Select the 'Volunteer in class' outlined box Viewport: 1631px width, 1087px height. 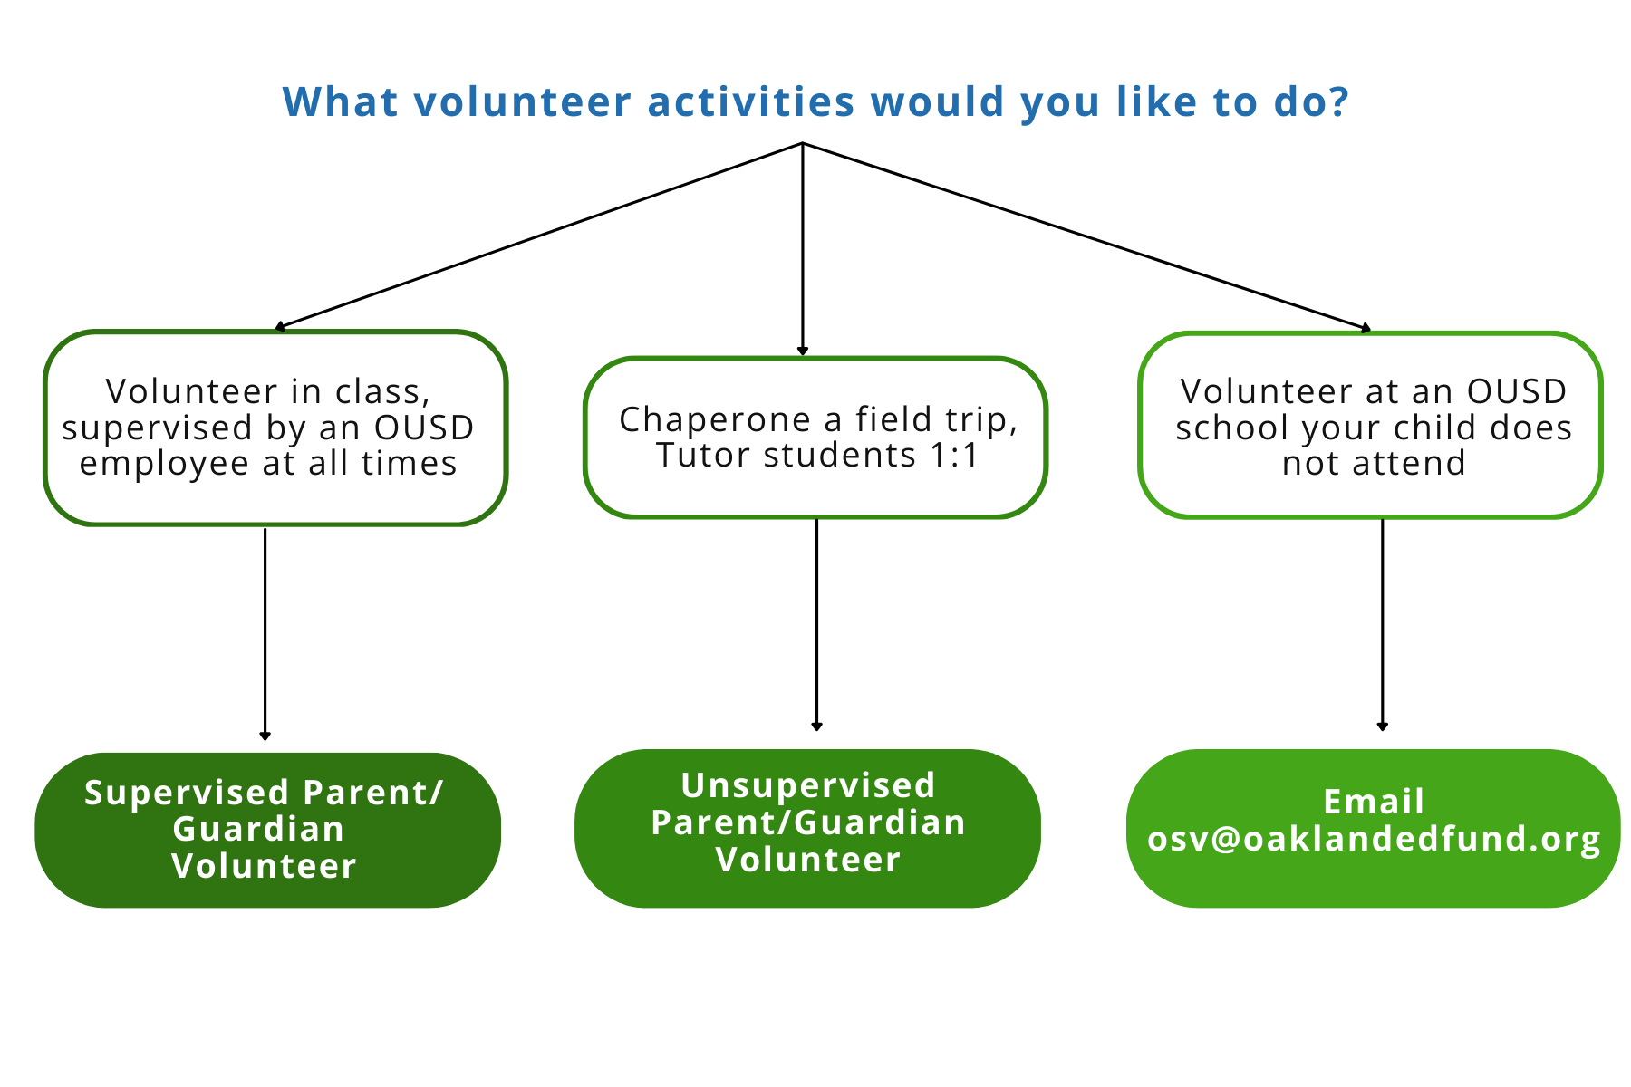pyautogui.click(x=275, y=428)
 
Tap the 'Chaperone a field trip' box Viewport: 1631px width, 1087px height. pyautogui.click(x=815, y=438)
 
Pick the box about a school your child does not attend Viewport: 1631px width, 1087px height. pyautogui.click(x=1370, y=426)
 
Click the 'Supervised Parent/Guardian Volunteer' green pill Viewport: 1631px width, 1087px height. pyautogui.click(x=267, y=830)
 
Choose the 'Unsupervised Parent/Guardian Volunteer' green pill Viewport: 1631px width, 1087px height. pyautogui.click(x=807, y=828)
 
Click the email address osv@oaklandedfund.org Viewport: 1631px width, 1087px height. pyautogui.click(x=1374, y=840)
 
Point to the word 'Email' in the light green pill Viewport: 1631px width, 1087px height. pyautogui.click(x=1374, y=802)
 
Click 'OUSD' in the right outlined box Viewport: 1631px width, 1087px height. pyautogui.click(x=1516, y=392)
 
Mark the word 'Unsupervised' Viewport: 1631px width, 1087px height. pyautogui.click(x=807, y=785)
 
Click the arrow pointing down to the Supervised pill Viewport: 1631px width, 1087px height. pyautogui.click(x=265, y=634)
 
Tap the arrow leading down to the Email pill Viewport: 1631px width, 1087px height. pyautogui.click(x=1382, y=625)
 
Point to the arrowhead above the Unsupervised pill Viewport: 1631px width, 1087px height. pyautogui.click(x=816, y=726)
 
